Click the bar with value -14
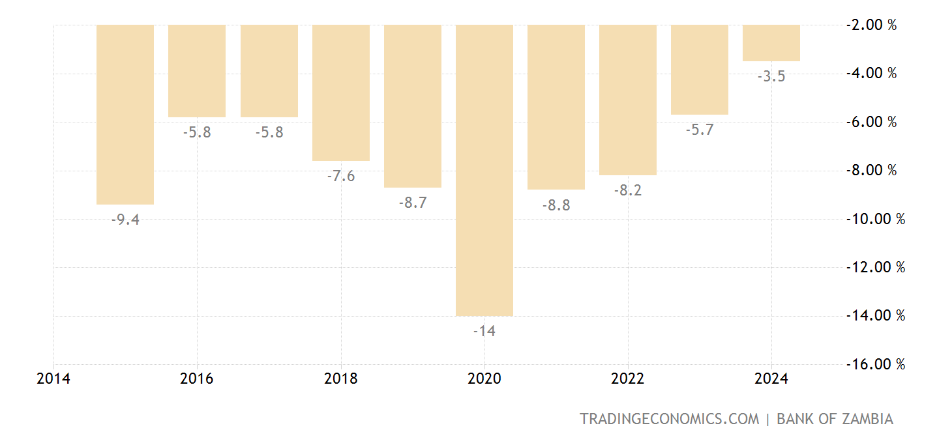484,170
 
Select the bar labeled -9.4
125,114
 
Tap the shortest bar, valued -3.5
771,43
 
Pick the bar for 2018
341,93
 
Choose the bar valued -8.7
413,106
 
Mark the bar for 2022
628,100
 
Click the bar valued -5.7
700,70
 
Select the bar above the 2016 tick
197,71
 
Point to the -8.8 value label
556,205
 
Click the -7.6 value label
341,176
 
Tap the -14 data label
484,331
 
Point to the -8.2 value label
628,190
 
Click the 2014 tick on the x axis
54,379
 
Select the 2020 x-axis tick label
484,379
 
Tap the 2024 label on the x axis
771,379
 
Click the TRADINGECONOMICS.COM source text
670,419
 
